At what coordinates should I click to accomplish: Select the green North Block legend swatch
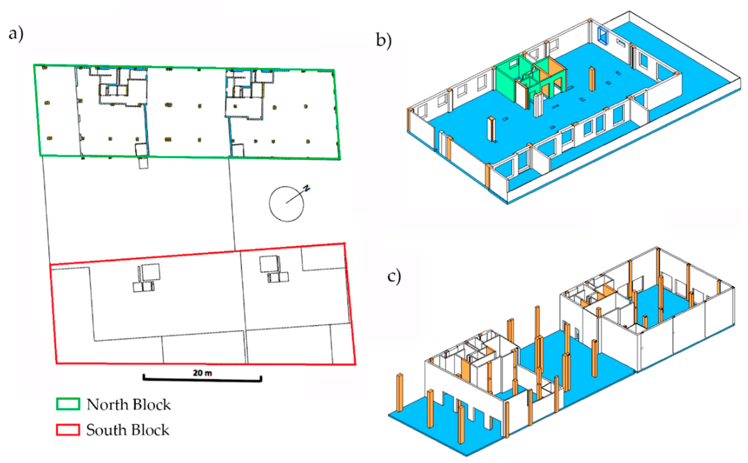68,404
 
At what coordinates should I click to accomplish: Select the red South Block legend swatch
68,430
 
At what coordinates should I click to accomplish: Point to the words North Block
128,405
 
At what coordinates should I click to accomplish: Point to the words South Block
127,430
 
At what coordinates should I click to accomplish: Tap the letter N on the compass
306,188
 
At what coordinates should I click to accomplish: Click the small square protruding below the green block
143,163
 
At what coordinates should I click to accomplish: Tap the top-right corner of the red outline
345,243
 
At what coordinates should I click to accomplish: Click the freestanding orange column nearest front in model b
491,129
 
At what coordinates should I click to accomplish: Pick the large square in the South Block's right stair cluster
269,264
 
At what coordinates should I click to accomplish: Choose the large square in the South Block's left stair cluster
150,272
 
